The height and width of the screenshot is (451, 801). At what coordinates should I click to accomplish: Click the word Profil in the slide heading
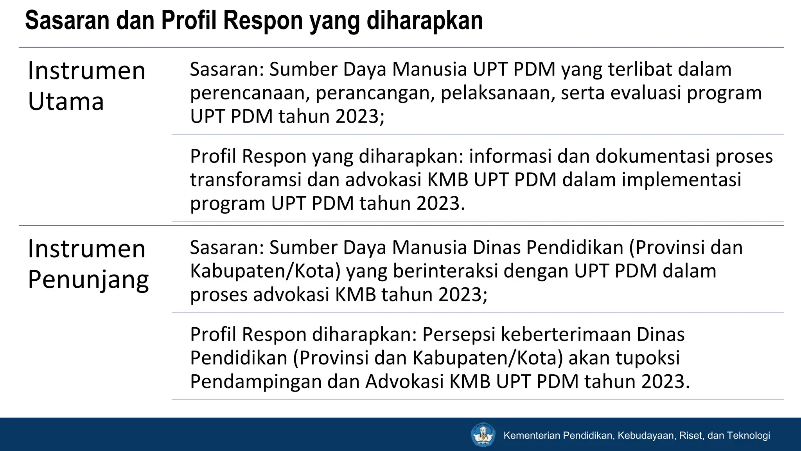click(189, 20)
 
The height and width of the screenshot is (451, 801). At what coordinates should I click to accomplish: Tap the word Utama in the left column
click(66, 102)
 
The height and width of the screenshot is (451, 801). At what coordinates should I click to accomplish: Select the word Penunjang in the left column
click(88, 280)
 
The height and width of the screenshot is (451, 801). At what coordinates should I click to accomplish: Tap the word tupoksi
click(648, 358)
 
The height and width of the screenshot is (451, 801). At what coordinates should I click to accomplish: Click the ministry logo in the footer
click(483, 435)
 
